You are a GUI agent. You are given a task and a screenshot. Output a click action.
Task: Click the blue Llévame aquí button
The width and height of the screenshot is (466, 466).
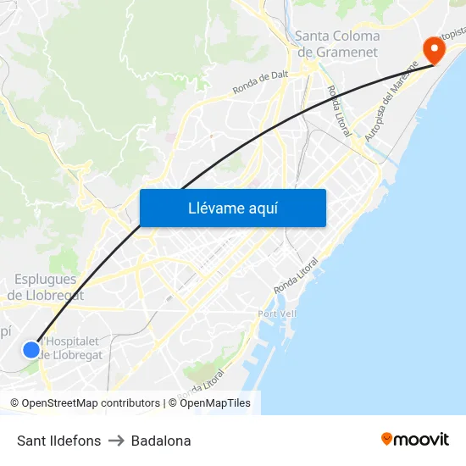(x=232, y=208)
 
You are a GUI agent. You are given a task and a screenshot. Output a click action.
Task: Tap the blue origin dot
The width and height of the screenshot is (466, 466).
(x=31, y=349)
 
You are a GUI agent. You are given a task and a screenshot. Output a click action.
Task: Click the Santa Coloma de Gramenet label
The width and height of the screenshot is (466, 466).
(x=337, y=44)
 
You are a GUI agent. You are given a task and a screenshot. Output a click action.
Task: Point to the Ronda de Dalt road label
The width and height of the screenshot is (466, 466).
(x=262, y=82)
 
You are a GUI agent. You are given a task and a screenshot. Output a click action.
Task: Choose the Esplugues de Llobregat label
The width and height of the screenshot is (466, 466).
(x=45, y=287)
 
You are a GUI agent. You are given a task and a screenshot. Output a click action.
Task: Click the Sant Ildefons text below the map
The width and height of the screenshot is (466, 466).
(x=59, y=441)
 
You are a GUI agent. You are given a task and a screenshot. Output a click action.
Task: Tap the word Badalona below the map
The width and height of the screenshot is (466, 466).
(x=161, y=441)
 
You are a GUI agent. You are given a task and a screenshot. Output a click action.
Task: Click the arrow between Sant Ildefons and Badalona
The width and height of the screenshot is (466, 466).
(x=116, y=441)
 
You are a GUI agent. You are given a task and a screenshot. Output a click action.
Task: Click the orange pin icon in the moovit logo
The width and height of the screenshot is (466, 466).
(x=387, y=439)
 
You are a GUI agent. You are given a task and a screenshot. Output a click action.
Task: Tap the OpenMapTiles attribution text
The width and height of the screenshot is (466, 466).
(x=214, y=403)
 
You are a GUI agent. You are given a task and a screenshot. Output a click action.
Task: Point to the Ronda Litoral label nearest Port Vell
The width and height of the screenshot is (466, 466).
(x=296, y=276)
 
